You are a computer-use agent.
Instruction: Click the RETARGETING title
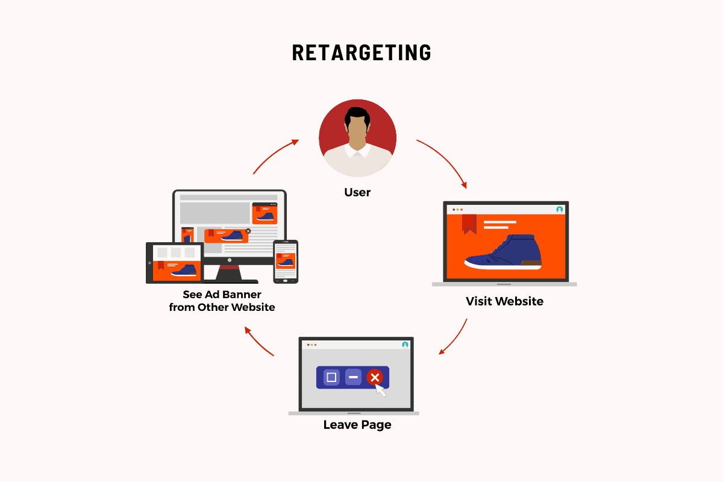point(361,52)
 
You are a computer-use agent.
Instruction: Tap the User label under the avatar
point(357,192)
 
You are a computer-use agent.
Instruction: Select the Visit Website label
point(504,301)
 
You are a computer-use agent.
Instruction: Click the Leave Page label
point(357,425)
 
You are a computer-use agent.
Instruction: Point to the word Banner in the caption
point(242,295)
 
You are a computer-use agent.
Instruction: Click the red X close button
point(375,377)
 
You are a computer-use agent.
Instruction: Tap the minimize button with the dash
point(353,377)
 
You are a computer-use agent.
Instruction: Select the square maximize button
point(331,377)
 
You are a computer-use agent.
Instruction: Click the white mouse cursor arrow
point(380,390)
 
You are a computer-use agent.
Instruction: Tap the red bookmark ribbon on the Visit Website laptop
point(469,224)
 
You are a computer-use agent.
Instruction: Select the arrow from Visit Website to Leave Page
point(455,339)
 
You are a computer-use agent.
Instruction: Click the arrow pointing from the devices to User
point(274,154)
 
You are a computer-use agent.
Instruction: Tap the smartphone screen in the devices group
point(286,261)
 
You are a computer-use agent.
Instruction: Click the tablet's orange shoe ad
point(177,271)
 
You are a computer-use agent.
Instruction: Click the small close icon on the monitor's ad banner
point(248,231)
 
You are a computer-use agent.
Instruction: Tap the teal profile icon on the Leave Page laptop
point(405,345)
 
